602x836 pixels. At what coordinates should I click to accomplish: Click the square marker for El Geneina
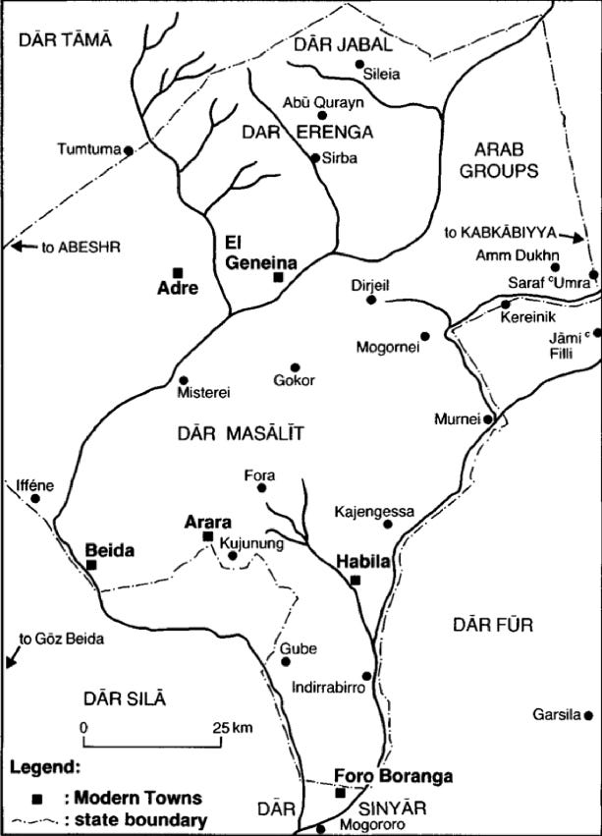pos(278,278)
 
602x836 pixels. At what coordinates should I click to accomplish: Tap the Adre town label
pos(178,289)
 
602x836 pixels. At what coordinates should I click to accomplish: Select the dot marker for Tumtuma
pos(129,150)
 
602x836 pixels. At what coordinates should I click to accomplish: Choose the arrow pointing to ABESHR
pos(21,246)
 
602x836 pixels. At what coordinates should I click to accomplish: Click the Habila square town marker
pos(356,580)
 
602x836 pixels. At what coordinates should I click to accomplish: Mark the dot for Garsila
pos(588,714)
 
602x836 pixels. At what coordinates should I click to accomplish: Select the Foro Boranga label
pos(393,776)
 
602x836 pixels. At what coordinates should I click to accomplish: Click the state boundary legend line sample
pos(38,820)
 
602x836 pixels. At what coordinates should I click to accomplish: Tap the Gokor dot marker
pos(294,367)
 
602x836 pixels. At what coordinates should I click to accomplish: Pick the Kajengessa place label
pos(374,511)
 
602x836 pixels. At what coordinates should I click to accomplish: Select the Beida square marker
pos(90,565)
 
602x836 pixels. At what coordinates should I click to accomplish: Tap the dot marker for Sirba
pos(314,157)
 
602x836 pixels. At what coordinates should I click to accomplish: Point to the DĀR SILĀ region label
pos(122,697)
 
